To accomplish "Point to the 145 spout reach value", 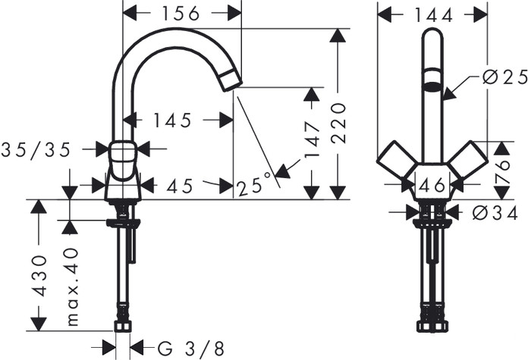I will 171,120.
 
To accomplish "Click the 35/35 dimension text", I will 36,149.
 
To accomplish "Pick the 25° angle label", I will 253,183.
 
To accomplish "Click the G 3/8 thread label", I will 191,348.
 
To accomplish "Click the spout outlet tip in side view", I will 231,80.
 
